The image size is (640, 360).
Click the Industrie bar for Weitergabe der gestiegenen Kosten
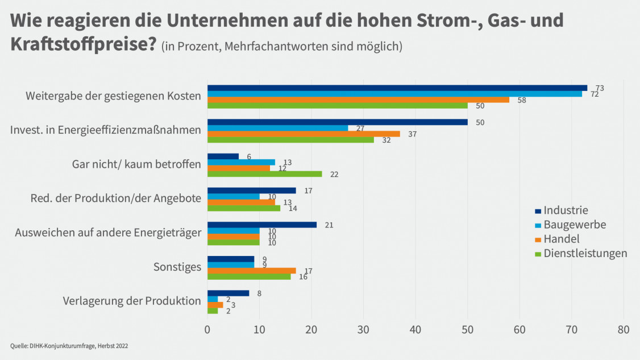[x=397, y=88]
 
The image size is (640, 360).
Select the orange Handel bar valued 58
[x=358, y=100]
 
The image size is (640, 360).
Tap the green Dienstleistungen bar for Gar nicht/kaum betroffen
[x=264, y=174]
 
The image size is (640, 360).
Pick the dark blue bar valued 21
[x=261, y=225]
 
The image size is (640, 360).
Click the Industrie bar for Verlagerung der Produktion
[x=228, y=293]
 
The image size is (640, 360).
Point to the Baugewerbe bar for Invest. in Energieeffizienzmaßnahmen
[x=277, y=128]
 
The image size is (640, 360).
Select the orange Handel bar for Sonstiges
[x=251, y=271]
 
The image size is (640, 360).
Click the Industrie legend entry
[x=565, y=210]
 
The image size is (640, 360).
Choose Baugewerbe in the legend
[x=574, y=225]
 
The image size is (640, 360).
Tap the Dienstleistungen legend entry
[x=585, y=253]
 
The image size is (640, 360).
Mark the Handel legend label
[x=561, y=239]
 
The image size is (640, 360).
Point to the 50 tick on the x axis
[x=468, y=329]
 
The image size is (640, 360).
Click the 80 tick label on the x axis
[x=624, y=329]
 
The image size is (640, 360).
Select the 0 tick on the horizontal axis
[x=207, y=329]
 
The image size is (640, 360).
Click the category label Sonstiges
[x=177, y=267]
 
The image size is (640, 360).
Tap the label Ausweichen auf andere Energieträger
[x=108, y=233]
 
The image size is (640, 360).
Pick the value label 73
[x=599, y=88]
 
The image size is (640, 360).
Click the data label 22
[x=334, y=174]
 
